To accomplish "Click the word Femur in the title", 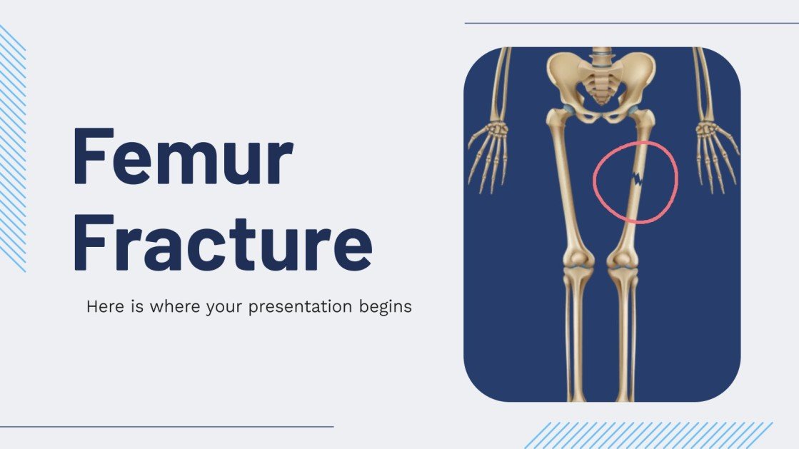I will point(183,156).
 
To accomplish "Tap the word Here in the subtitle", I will point(103,307).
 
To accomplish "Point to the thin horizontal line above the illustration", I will point(631,23).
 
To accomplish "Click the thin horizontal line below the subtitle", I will point(166,427).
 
